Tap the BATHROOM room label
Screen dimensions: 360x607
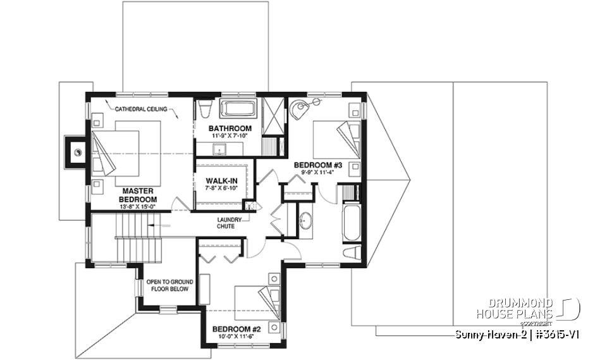pyautogui.click(x=230, y=128)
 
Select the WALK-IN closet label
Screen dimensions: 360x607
pyautogui.click(x=221, y=180)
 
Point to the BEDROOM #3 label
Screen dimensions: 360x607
pyautogui.click(x=317, y=165)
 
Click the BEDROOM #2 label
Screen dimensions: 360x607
pyautogui.click(x=236, y=329)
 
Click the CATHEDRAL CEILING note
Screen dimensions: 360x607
pyautogui.click(x=141, y=109)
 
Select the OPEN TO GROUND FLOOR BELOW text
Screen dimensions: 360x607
pyautogui.click(x=169, y=285)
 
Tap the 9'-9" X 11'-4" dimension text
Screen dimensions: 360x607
pyautogui.click(x=317, y=173)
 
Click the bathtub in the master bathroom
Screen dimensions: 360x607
pyautogui.click(x=238, y=108)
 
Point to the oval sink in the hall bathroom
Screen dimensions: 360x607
pyautogui.click(x=305, y=221)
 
